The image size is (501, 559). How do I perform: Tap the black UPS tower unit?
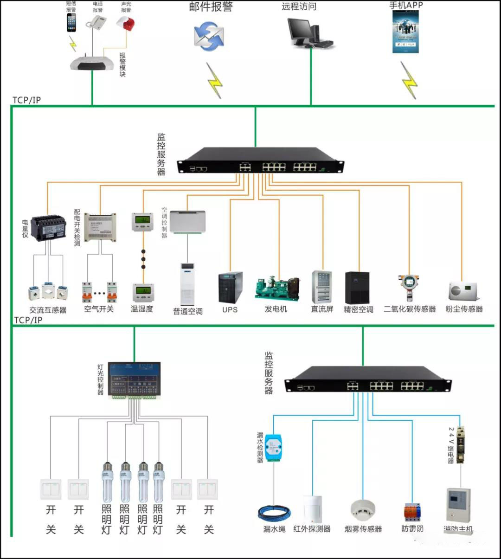pos(231,287)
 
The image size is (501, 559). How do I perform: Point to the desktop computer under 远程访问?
pos(308,33)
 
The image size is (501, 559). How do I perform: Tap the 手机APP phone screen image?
pos(405,32)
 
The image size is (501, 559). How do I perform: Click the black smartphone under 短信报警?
pos(71,22)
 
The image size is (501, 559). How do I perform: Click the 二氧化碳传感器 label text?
pos(410,309)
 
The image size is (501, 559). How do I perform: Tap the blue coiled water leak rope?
pos(274,513)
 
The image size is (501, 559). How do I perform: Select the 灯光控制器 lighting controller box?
pos(134,380)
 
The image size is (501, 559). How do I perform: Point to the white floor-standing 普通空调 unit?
pos(187,284)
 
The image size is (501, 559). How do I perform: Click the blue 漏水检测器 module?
pos(274,446)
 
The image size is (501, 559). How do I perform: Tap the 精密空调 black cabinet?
pos(357,288)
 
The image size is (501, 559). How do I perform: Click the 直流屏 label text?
pos(322,309)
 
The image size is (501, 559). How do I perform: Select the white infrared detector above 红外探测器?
pos(312,509)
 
